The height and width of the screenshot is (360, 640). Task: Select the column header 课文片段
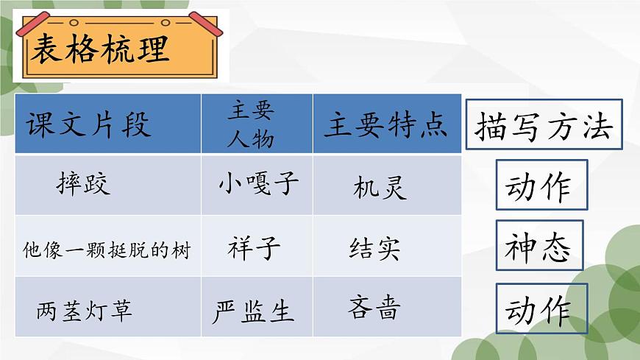[88, 125]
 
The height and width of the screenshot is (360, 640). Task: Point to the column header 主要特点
[386, 125]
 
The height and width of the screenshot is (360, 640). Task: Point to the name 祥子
[255, 249]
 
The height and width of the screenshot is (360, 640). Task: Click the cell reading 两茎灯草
[85, 311]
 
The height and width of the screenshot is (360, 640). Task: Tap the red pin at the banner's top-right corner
[205, 23]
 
